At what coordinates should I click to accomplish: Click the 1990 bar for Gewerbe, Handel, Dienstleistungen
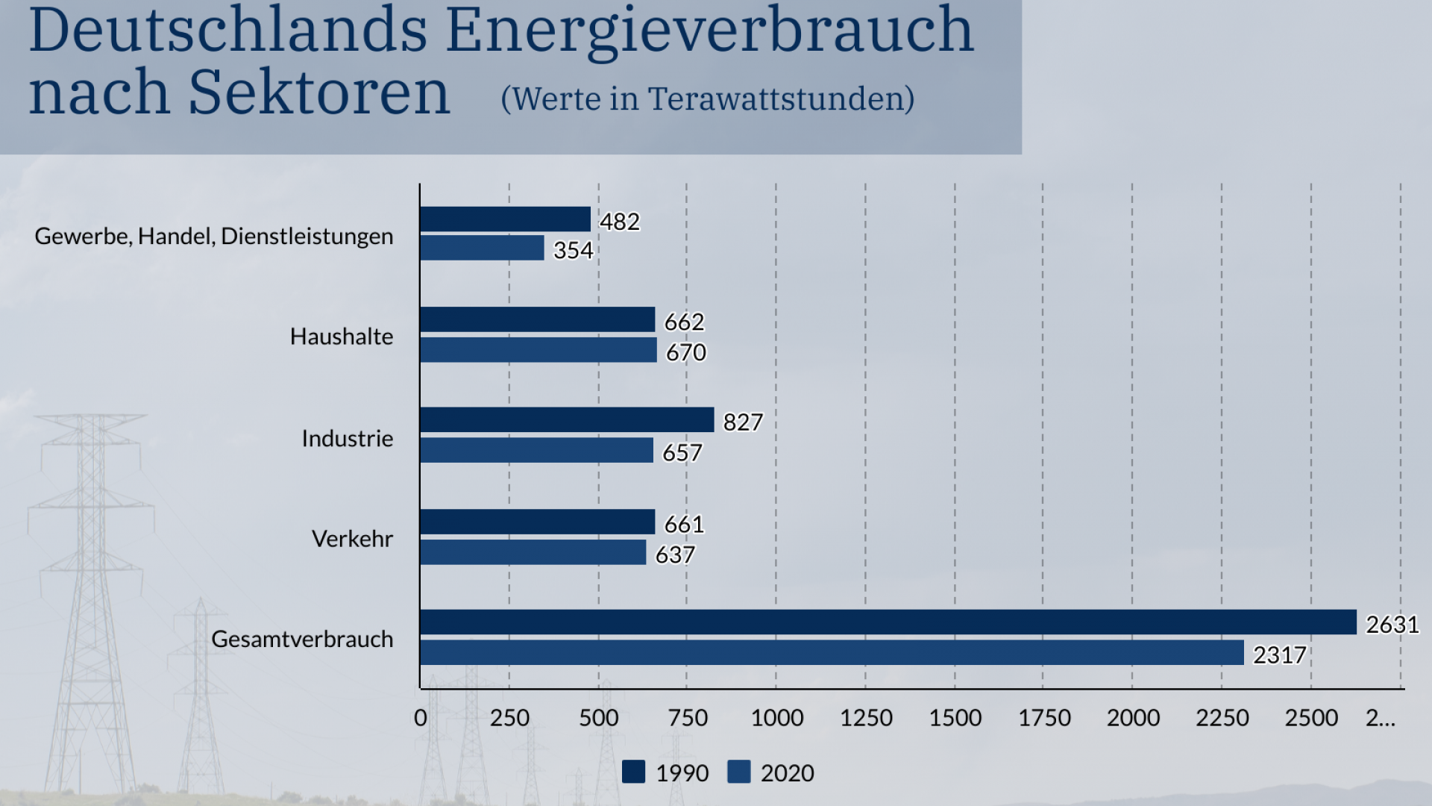(505, 219)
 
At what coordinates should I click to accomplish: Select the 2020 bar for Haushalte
(538, 350)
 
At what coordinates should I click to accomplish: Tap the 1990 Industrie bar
(567, 420)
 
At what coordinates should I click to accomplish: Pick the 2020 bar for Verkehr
(533, 552)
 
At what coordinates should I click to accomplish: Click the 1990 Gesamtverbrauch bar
(888, 622)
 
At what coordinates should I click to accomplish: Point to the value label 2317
(1279, 655)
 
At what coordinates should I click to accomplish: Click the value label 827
(743, 422)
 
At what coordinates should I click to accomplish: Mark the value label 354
(573, 250)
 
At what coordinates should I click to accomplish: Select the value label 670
(685, 352)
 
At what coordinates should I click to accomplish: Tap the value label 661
(684, 525)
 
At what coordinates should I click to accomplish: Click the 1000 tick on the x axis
(776, 718)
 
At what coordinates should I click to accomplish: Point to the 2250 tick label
(1222, 718)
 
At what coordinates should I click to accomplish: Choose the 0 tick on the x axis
(421, 718)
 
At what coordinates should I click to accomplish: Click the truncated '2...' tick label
(1381, 718)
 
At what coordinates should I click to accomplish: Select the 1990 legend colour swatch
(633, 772)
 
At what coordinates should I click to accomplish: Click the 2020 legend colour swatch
(738, 772)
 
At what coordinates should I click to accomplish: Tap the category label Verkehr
(352, 539)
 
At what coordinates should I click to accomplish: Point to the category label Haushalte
(342, 337)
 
